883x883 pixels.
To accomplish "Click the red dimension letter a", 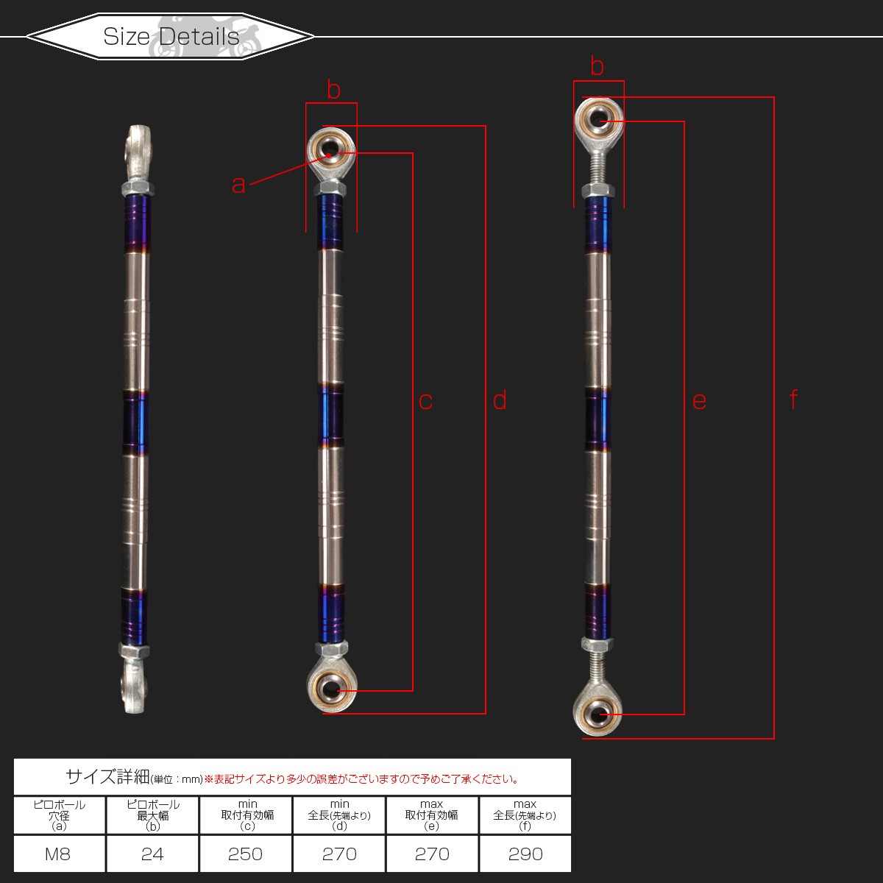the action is coord(238,185).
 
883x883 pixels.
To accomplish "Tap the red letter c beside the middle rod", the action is coord(426,402).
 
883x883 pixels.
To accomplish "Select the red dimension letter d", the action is coord(500,400).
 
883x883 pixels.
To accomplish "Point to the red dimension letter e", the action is coord(699,402).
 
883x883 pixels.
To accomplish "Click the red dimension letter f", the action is coord(794,399).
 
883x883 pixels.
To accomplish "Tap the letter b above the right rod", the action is coord(597,66).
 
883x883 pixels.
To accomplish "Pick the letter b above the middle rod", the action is coord(333,89).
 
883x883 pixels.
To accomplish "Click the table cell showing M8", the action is coord(59,854).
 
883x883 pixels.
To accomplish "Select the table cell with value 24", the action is coord(152,854).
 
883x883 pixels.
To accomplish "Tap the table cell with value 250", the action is coord(246,854).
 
